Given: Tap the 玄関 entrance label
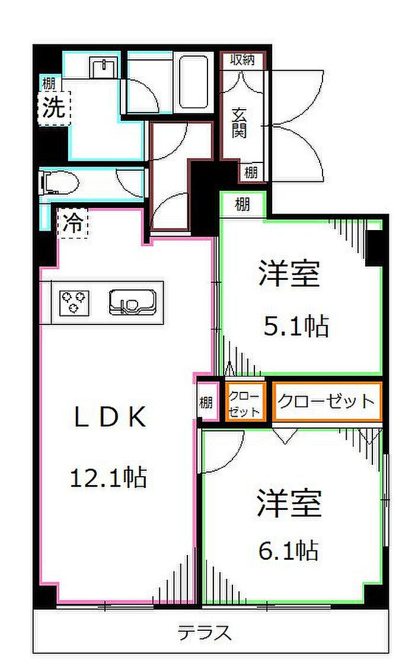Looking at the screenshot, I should (239, 123).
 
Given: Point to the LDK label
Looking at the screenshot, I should (110, 419).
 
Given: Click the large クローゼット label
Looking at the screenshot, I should (326, 401).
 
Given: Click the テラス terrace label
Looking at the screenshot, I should (205, 633).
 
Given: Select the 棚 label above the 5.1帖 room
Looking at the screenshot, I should (242, 205).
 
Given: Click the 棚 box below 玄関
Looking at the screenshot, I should (251, 173).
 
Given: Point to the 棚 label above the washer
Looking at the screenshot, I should (48, 83).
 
